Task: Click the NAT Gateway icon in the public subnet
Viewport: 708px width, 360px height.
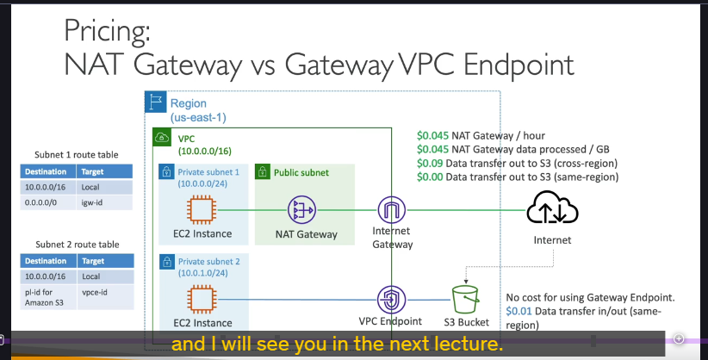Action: tap(301, 210)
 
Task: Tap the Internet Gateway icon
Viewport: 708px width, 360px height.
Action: tap(392, 210)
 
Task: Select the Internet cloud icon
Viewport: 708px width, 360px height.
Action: tap(552, 208)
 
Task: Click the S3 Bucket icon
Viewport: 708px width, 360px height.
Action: tap(465, 299)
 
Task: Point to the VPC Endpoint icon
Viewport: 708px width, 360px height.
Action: tap(391, 300)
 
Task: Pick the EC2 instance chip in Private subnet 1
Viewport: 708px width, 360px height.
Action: tap(202, 210)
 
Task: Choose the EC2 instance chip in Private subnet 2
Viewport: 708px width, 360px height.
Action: tap(202, 300)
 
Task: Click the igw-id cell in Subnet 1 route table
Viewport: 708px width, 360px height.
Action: tap(105, 202)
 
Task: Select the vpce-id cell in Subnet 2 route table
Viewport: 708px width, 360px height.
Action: tap(106, 297)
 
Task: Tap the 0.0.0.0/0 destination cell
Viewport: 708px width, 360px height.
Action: tap(48, 202)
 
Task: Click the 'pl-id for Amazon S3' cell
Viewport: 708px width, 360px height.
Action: tap(49, 297)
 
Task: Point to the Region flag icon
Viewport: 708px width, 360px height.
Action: tap(156, 102)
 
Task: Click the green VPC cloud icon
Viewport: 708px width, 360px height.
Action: tap(162, 137)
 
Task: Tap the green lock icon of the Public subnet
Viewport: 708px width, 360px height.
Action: tap(263, 171)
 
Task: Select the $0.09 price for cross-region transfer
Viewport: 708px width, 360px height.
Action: tap(430, 163)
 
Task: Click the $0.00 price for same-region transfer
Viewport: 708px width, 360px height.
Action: tap(430, 177)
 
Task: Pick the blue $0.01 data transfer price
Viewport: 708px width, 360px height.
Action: tap(519, 311)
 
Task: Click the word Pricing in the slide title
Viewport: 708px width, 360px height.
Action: tap(107, 32)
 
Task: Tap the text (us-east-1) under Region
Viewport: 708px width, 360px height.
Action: tap(198, 117)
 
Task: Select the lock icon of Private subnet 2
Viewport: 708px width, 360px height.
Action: tap(167, 262)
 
